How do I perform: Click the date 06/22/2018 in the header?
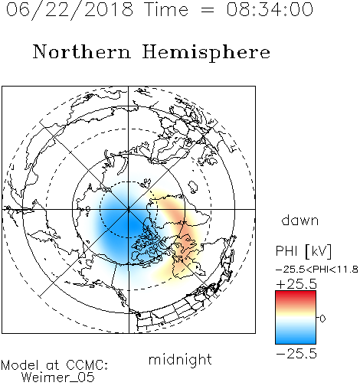tap(70, 10)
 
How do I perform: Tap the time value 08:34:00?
tap(270, 9)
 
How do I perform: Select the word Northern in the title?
tap(82, 51)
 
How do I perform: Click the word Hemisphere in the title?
tap(206, 53)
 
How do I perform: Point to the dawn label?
tap(300, 221)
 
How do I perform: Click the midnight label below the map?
tap(180, 360)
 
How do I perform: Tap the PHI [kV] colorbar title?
tap(303, 251)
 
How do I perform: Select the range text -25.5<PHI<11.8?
tap(317, 270)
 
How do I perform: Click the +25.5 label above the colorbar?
tap(296, 284)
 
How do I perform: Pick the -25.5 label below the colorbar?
tap(296, 354)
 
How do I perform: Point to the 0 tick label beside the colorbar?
tap(322, 319)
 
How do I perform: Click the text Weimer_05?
tap(58, 378)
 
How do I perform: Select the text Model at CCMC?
tap(54, 365)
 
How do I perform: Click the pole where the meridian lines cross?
tap(129, 209)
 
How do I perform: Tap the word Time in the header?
tap(166, 10)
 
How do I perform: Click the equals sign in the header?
tap(208, 10)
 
